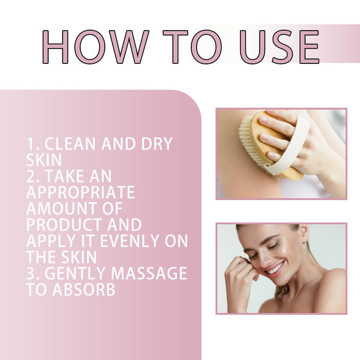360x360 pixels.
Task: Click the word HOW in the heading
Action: point(95,47)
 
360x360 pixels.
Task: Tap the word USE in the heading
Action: point(279,47)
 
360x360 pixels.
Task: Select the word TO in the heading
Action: point(193,47)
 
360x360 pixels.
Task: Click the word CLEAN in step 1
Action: point(70,144)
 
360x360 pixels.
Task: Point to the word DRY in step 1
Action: point(157,144)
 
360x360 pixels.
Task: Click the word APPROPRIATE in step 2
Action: point(81,192)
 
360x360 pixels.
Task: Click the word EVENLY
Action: point(130,241)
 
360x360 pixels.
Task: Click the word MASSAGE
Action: point(149,273)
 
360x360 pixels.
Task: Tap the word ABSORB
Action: point(84,289)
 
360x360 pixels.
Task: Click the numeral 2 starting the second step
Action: point(30,176)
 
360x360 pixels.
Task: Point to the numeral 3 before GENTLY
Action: point(30,273)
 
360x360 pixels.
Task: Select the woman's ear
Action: point(303,234)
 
